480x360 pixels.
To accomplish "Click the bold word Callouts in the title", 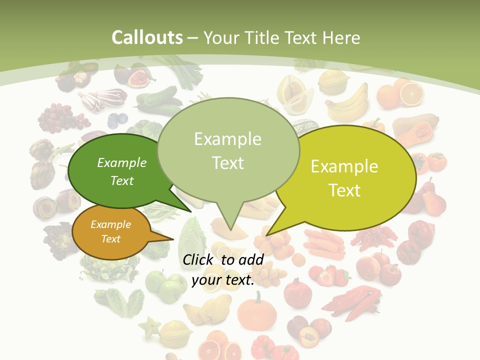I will coord(147,37).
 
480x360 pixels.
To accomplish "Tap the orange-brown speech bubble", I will coord(111,232).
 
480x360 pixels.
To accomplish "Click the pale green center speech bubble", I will coord(228,150).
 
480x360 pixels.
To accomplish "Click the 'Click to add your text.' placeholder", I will coord(223,270).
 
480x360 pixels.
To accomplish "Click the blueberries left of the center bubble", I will coord(118,119).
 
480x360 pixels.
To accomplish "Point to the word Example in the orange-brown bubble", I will coord(110,224).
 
